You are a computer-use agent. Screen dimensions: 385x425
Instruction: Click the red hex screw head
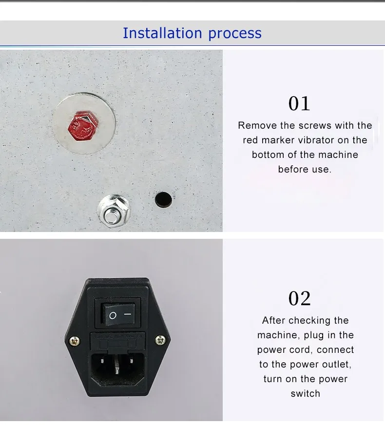pos(83,125)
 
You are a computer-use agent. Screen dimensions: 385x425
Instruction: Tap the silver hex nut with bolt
pos(114,211)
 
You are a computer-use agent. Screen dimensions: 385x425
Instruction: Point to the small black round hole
pos(163,200)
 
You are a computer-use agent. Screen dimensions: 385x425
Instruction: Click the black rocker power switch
pos(118,314)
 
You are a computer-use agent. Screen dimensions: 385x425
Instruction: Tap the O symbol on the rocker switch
pos(113,315)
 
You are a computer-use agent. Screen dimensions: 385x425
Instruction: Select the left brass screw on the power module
pos(74,341)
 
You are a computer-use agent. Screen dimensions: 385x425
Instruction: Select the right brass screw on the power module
pos(160,340)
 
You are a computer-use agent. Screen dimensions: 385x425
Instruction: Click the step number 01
pos(299,103)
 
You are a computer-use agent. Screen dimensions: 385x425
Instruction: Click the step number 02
pos(299,298)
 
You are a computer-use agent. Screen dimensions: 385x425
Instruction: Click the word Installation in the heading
pos(163,33)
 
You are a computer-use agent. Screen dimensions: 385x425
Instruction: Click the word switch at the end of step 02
pos(306,393)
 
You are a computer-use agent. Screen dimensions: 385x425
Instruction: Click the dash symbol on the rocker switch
pos(128,314)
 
